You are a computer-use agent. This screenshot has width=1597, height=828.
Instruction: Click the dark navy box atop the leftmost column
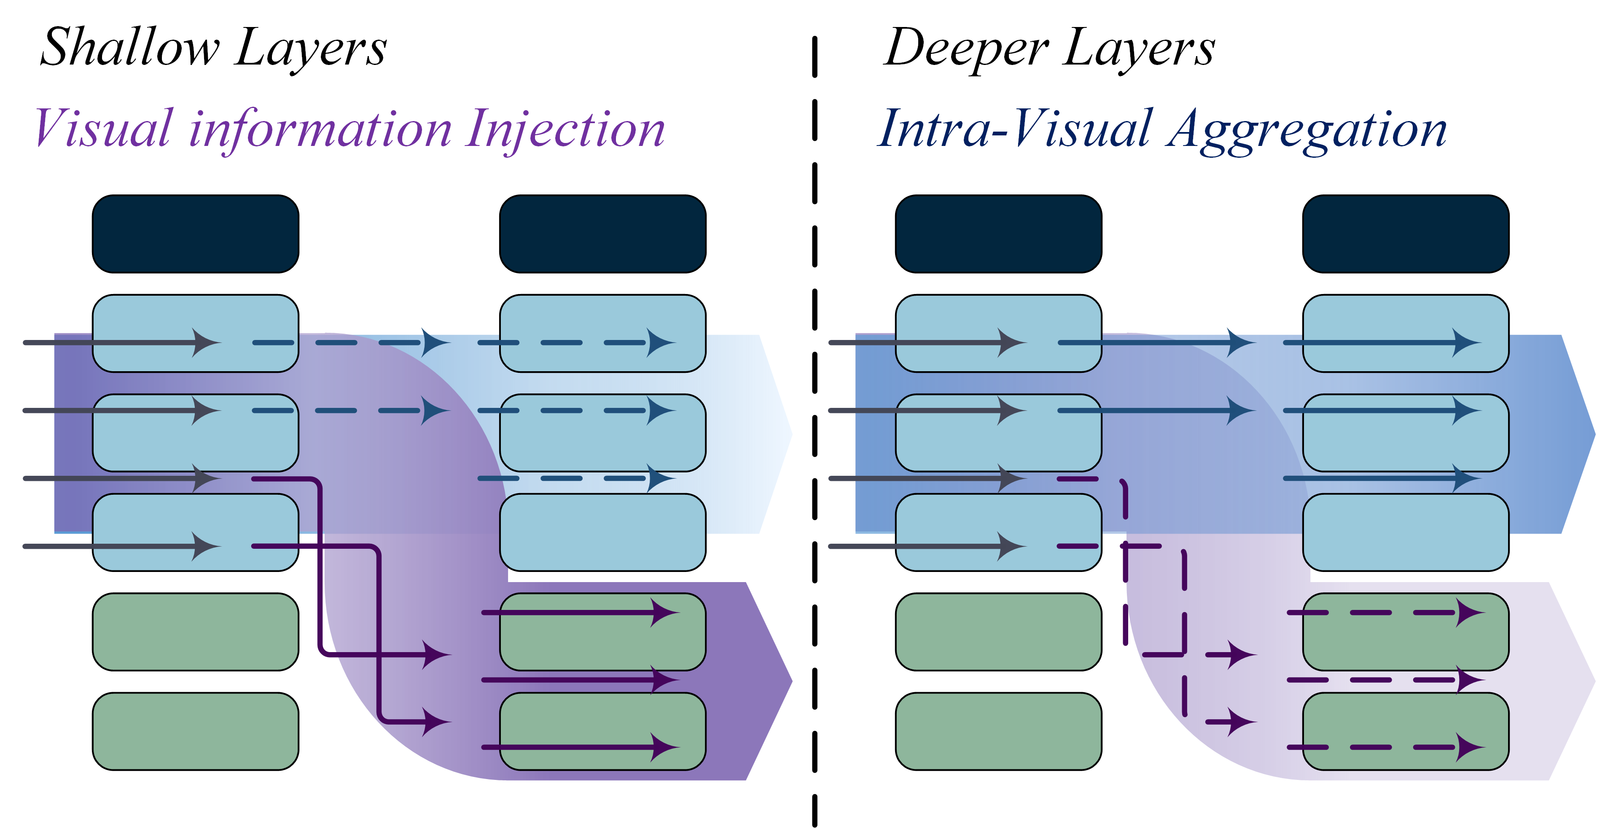[x=195, y=234]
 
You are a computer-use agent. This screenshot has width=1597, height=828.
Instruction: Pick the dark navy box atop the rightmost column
[x=1406, y=234]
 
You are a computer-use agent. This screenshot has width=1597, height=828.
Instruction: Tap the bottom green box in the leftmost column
[x=195, y=731]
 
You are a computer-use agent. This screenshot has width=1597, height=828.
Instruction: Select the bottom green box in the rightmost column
[x=1406, y=731]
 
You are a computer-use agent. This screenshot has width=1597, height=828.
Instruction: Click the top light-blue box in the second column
[x=602, y=333]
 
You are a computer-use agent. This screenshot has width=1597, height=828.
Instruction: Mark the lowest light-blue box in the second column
[x=602, y=532]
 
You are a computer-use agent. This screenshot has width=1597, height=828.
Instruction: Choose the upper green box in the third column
[x=998, y=631]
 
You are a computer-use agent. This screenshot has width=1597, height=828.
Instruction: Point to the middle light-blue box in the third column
[x=998, y=433]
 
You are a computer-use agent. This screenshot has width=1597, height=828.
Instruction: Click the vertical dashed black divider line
[x=815, y=434]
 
